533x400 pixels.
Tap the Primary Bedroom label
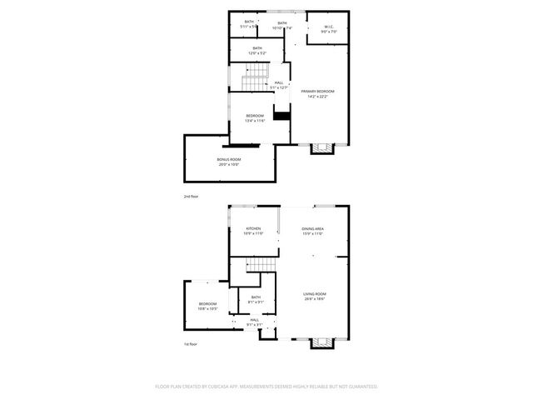[x=319, y=93]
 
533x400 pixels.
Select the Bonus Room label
[x=229, y=162]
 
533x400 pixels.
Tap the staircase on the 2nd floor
[x=252, y=82]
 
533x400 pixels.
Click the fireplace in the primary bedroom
[x=321, y=148]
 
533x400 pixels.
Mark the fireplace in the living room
[x=321, y=342]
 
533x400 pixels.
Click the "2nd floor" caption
[x=191, y=197]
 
